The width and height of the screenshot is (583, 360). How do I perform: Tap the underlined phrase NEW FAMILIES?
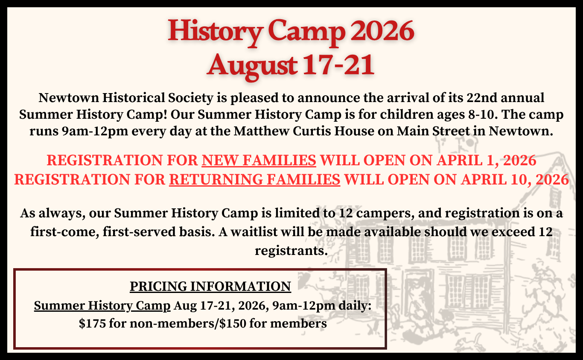coord(259,161)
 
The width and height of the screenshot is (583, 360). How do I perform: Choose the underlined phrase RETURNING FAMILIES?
coord(254,180)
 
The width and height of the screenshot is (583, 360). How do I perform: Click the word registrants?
coord(291,250)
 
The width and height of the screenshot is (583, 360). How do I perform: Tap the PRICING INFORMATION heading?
coord(210,286)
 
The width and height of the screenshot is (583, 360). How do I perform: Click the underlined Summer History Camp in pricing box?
coord(102,306)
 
